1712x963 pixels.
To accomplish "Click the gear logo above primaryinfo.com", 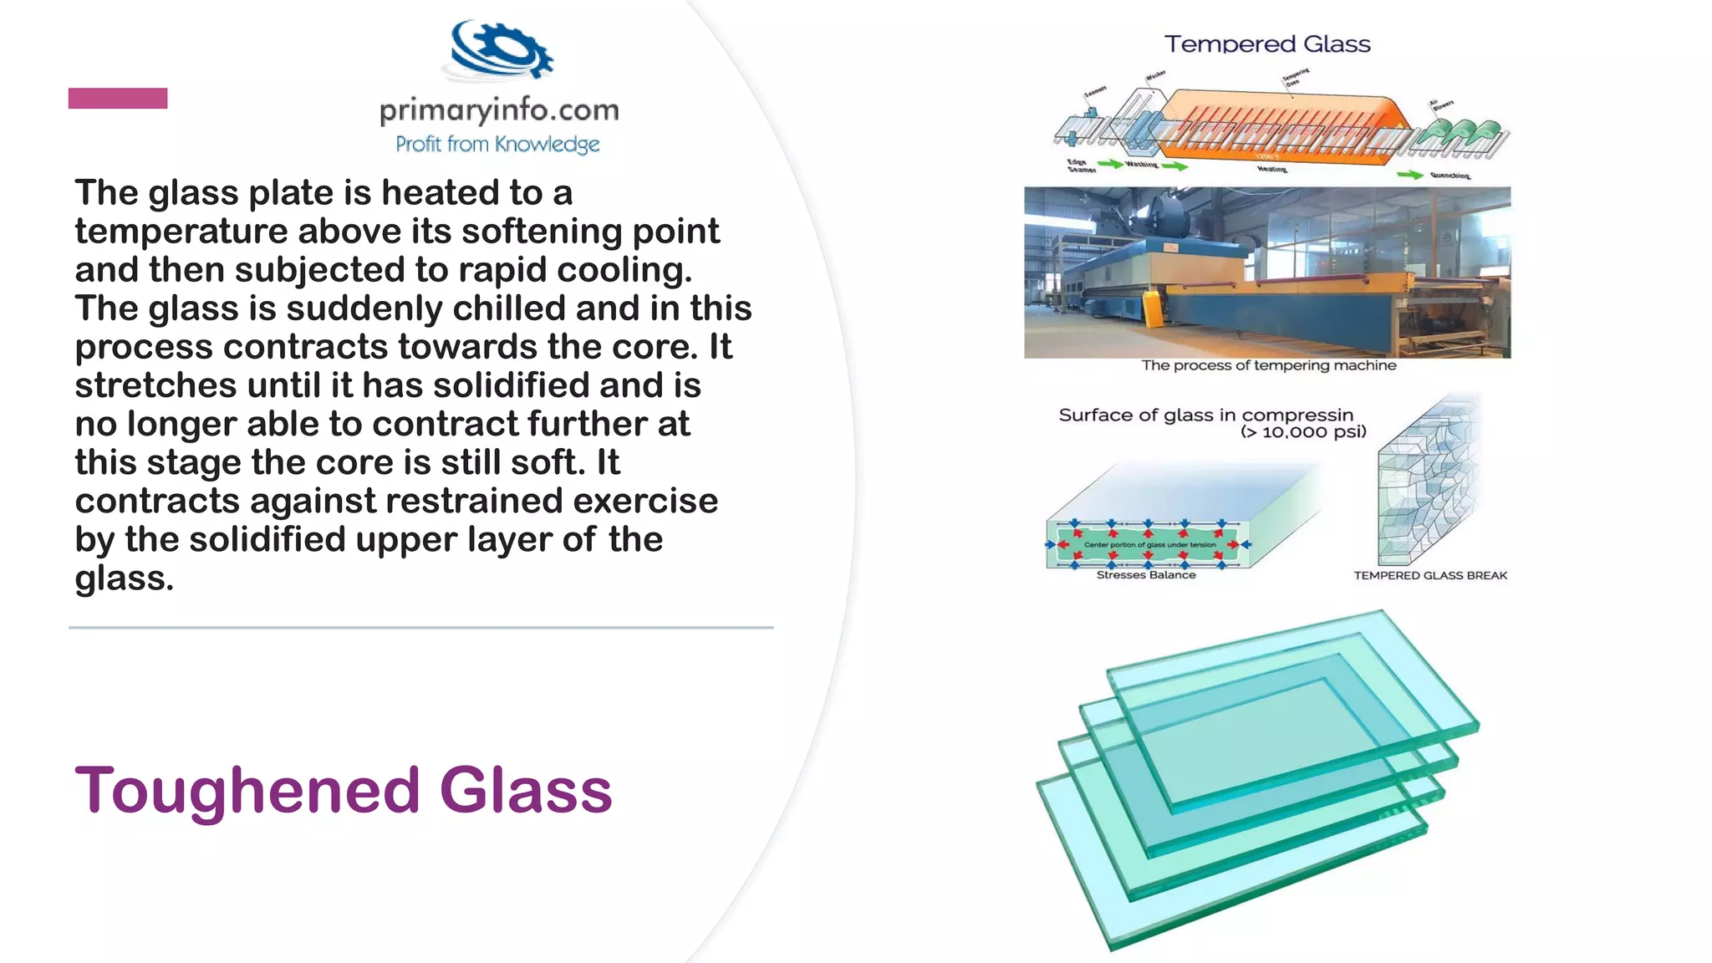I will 500,50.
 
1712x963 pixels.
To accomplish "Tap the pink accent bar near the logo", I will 118,99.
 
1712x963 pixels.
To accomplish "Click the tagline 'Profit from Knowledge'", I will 497,145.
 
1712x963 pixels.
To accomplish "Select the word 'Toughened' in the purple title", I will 247,790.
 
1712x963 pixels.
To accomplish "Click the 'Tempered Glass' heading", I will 1267,44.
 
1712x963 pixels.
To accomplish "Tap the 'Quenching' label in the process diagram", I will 1450,176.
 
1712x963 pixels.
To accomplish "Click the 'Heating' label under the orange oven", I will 1272,169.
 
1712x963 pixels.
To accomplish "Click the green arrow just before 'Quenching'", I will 1410,175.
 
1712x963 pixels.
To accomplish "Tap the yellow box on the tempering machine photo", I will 1154,307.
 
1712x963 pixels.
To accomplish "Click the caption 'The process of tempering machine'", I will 1269,365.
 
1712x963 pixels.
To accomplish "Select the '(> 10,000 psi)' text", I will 1303,432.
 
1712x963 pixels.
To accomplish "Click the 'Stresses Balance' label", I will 1146,575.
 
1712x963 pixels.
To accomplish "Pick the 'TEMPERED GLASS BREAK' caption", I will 1430,575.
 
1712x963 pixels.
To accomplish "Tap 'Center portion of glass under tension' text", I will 1150,545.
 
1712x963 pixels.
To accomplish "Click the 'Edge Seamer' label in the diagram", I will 1080,166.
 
